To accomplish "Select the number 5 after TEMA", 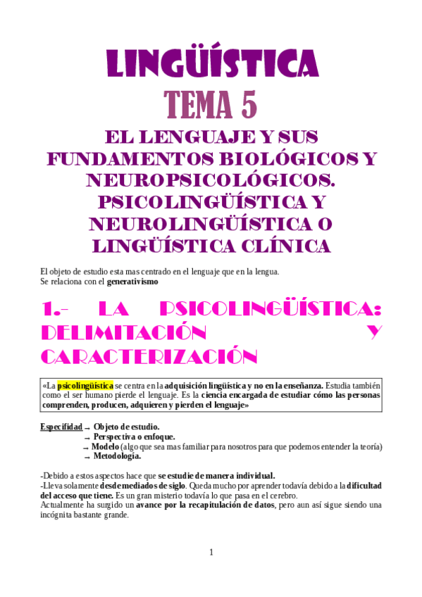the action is tap(248, 106).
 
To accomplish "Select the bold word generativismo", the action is tap(132, 282).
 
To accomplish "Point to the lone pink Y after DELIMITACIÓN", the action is tap(375, 332).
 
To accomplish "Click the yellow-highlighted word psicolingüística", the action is tap(85, 386).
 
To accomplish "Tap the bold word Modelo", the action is tap(105, 446).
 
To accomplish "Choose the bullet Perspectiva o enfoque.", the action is tap(134, 436).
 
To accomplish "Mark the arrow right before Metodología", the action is tap(87, 457).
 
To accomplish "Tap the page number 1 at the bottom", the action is tap(211, 552).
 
